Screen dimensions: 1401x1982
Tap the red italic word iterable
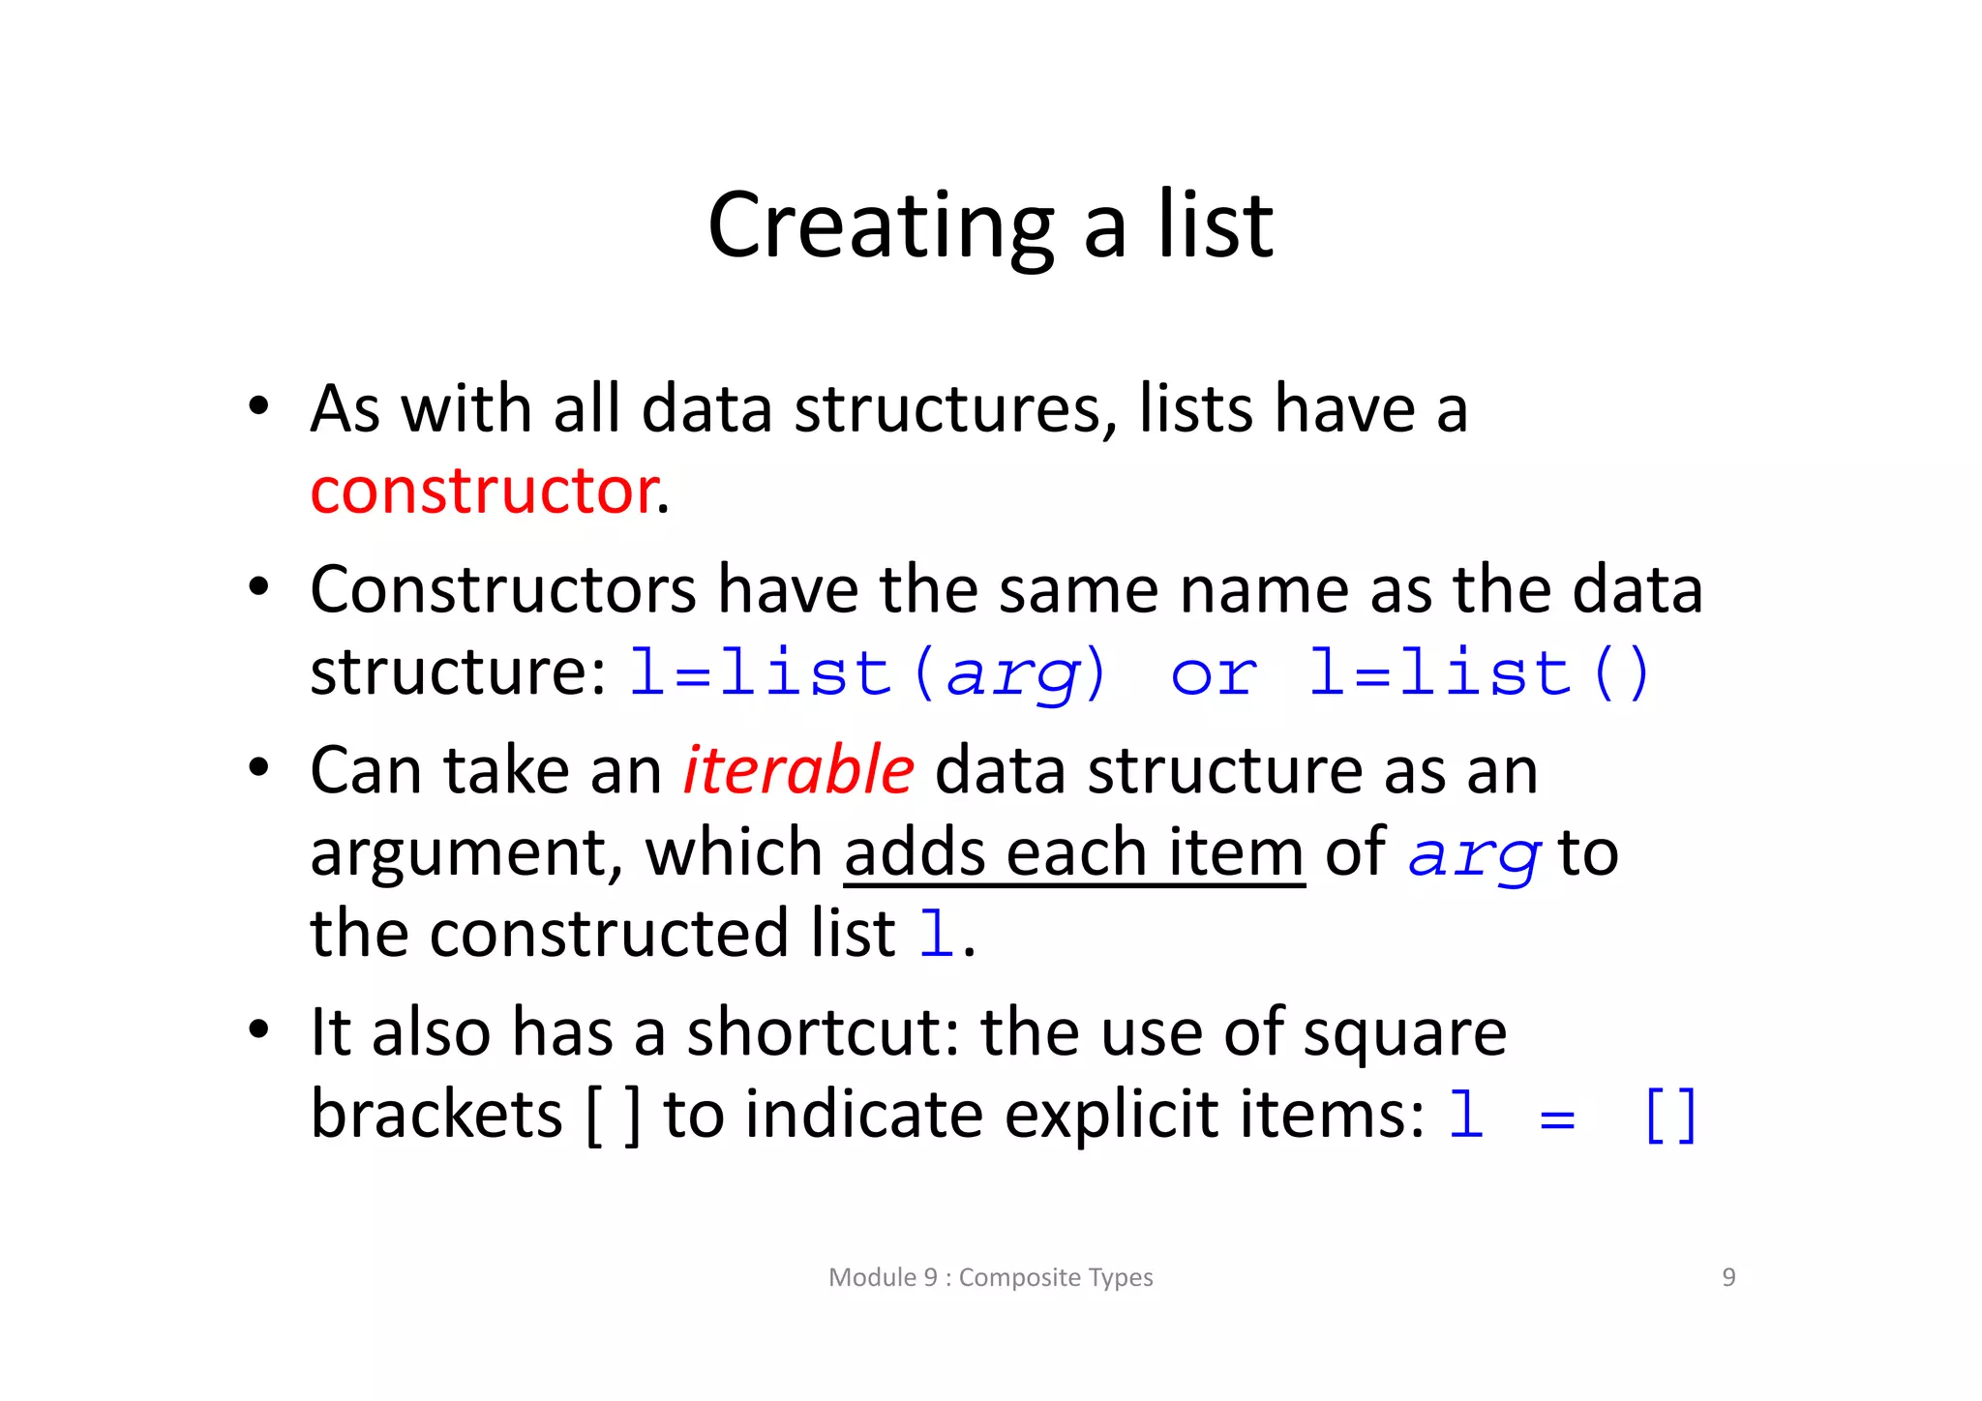point(798,771)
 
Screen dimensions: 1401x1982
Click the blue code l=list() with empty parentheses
point(1479,673)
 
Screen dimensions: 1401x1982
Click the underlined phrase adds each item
point(1074,853)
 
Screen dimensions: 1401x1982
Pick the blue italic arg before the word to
point(1473,856)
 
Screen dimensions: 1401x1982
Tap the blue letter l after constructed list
point(935,935)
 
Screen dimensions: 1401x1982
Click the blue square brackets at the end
point(1670,1116)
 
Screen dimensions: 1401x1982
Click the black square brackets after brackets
point(614,1116)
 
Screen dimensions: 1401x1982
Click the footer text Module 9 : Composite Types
point(991,1277)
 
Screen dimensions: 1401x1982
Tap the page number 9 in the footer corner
point(1728,1277)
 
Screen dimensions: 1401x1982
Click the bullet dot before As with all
point(257,406)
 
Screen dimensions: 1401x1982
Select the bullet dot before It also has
point(257,1029)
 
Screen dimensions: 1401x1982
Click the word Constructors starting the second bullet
point(503,589)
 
